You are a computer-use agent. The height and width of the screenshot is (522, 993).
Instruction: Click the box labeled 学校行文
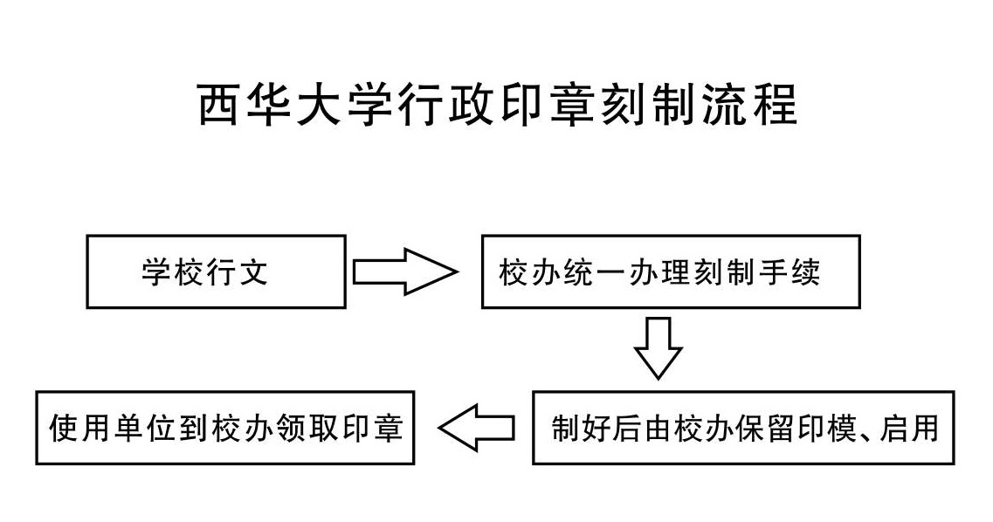tap(216, 271)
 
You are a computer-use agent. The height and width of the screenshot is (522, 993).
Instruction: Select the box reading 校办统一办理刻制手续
tap(670, 271)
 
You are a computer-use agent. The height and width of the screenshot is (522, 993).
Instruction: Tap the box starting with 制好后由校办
tap(743, 428)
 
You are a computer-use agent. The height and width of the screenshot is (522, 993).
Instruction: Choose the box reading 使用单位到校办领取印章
tap(224, 428)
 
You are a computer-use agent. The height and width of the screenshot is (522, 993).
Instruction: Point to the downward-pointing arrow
tap(658, 347)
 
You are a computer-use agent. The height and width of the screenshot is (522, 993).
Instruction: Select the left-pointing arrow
tap(476, 428)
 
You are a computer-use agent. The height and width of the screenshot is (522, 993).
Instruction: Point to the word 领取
tap(322, 428)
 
